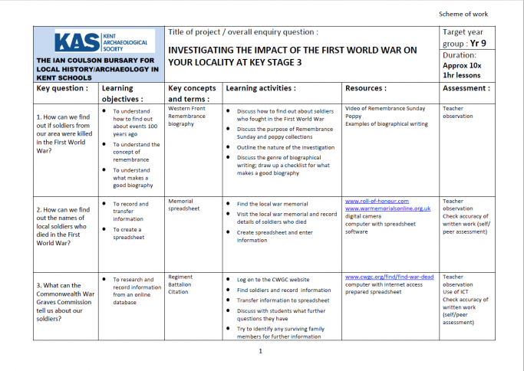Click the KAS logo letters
click(x=74, y=41)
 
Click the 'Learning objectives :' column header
click(x=123, y=94)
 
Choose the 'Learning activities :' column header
click(x=260, y=88)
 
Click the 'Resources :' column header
click(x=366, y=88)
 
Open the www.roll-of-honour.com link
click(x=377, y=201)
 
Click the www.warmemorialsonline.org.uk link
click(x=387, y=208)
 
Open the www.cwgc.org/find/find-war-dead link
click(x=389, y=277)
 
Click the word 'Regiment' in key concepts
click(x=180, y=277)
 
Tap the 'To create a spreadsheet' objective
click(x=129, y=233)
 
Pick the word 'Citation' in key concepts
click(x=180, y=292)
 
